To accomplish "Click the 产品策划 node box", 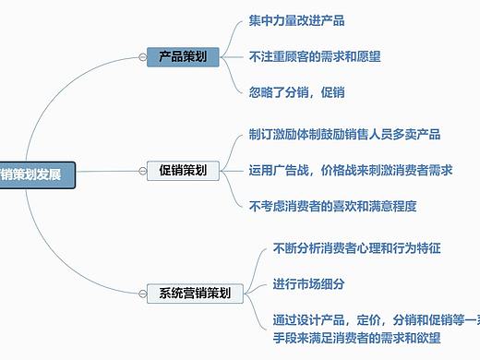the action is click(183, 57).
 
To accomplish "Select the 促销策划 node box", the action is click(183, 171).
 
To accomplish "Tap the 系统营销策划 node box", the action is click(195, 294).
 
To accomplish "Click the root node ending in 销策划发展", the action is click(36, 174).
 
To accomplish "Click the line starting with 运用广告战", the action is click(350, 170).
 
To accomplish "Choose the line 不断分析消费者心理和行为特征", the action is click(356, 248).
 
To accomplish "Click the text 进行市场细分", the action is click(308, 283).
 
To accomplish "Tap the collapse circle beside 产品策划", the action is click(141, 57).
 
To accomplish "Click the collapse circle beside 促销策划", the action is click(141, 171).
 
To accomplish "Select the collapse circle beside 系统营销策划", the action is click(141, 294).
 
